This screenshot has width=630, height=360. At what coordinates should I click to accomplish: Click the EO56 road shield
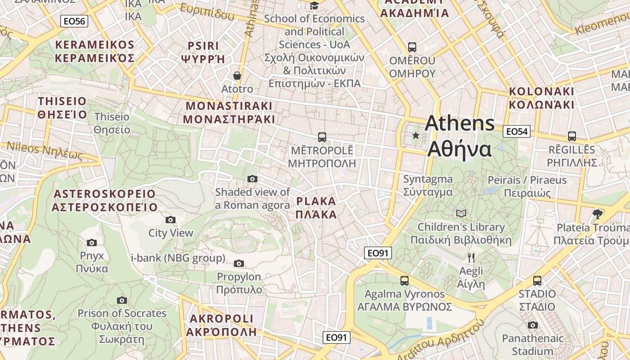click(x=74, y=21)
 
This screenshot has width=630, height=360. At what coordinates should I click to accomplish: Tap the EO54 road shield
click(x=516, y=131)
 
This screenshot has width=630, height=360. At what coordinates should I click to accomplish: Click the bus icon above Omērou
click(x=412, y=47)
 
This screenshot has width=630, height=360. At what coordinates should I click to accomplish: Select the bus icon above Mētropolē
click(x=322, y=137)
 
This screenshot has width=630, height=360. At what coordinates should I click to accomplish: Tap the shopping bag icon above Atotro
click(x=237, y=76)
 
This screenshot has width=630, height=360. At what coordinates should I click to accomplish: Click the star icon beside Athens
click(x=416, y=135)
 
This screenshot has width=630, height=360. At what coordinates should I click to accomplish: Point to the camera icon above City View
click(x=171, y=220)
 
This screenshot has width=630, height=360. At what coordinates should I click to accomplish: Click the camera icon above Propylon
click(x=239, y=263)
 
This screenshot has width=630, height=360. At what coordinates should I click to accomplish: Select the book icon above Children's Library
click(x=461, y=213)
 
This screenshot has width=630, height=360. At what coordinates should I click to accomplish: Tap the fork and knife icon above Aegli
click(x=471, y=258)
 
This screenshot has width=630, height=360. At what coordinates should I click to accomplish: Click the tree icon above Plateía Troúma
click(x=598, y=214)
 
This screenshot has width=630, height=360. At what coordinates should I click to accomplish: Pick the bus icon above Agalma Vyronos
click(x=405, y=281)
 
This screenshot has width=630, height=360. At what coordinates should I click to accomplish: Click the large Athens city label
click(x=459, y=135)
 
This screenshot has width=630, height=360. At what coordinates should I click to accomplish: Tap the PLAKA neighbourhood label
click(x=316, y=207)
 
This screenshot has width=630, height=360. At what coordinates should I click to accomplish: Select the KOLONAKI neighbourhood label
click(x=541, y=98)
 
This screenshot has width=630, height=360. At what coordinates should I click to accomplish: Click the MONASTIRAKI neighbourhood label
click(x=229, y=112)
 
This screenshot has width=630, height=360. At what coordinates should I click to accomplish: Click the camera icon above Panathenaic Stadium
click(x=533, y=325)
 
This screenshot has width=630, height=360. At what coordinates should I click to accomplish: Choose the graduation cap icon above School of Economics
click(x=314, y=5)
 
